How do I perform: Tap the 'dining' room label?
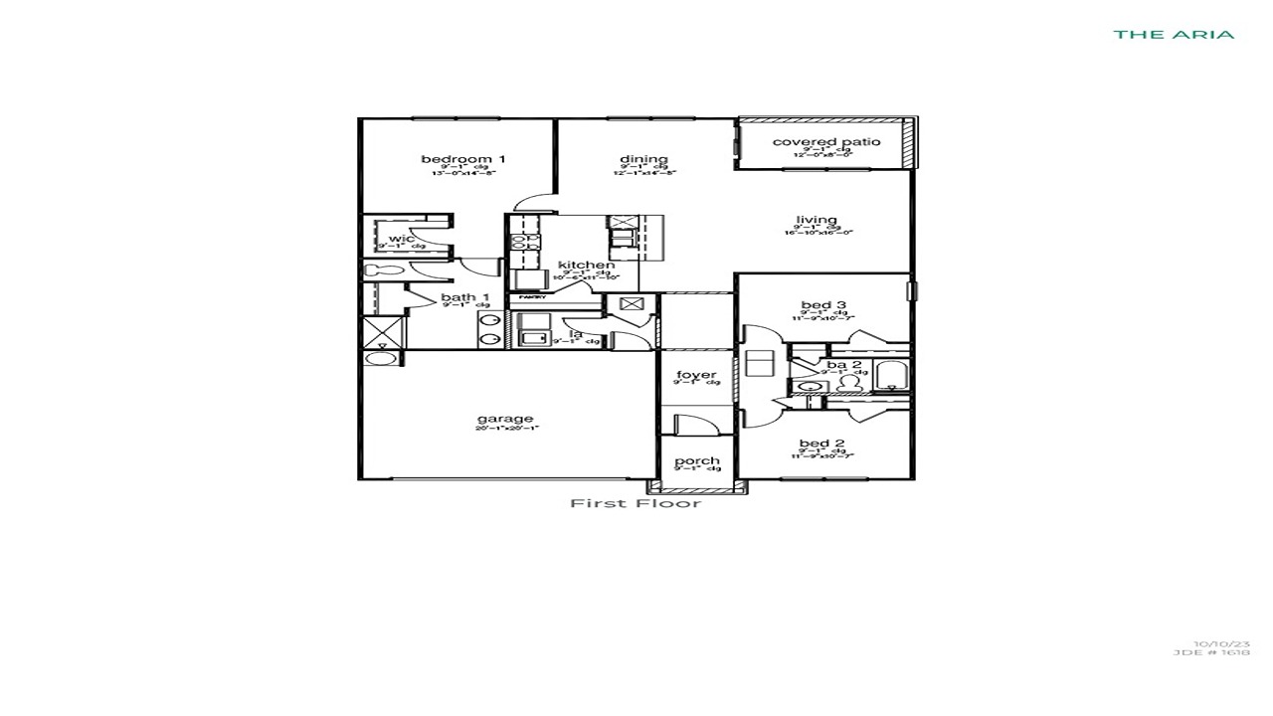tap(643, 159)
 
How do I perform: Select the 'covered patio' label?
tap(825, 142)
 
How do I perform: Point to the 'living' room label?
tap(816, 220)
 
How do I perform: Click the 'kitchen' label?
tap(586, 265)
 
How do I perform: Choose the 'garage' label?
tap(505, 419)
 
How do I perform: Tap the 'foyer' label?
tap(696, 375)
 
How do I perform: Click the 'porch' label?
tap(696, 460)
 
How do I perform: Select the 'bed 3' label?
tap(822, 305)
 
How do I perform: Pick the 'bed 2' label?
tap(822, 444)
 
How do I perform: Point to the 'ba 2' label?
tap(843, 365)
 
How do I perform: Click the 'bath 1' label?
tap(464, 297)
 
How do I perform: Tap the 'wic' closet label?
tap(401, 239)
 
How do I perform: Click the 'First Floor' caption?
tap(636, 503)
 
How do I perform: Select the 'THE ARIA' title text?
tap(1174, 34)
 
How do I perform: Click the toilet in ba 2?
tap(847, 383)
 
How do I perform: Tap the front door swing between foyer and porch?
tap(695, 423)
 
